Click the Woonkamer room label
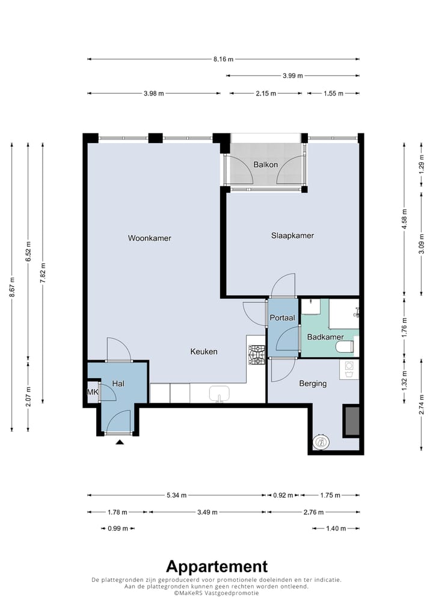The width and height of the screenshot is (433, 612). point(150,238)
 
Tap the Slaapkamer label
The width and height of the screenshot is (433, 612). point(292,235)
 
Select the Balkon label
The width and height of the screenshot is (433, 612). point(265,164)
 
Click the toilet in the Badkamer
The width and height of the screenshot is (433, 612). point(346,347)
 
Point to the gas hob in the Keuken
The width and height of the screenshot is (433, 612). point(257,355)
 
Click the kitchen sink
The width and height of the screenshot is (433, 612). point(219,394)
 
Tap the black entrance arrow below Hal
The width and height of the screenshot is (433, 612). point(120,442)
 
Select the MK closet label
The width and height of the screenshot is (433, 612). point(93,391)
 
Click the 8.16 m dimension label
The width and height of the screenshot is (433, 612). point(223,60)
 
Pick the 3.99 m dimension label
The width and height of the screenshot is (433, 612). point(293,76)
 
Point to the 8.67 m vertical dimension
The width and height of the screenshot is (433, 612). point(12,287)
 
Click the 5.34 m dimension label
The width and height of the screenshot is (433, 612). point(176,495)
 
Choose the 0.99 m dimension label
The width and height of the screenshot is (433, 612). point(118,528)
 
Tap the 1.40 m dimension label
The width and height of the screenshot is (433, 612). point(336,528)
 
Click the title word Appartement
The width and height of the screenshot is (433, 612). point(216,566)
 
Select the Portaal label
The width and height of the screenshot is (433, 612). point(282,317)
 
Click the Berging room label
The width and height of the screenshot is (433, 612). point(313,384)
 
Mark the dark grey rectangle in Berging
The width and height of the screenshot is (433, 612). point(351,421)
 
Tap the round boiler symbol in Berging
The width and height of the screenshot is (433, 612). point(321,442)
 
